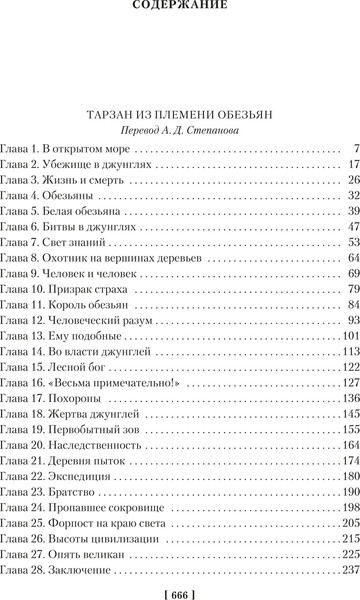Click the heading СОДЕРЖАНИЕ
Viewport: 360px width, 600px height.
(x=180, y=9)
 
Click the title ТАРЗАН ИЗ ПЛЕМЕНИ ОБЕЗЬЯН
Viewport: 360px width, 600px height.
(x=180, y=112)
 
